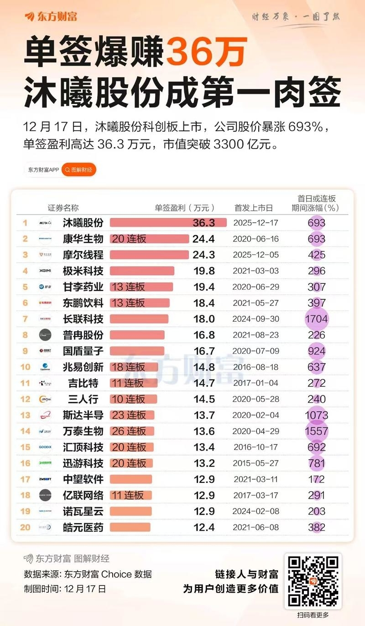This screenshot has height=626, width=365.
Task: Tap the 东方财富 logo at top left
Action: (x=51, y=17)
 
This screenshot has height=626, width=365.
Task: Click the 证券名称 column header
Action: (x=63, y=208)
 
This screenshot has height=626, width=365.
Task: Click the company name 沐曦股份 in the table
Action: (x=83, y=223)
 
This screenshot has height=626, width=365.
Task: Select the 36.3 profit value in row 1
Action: (x=203, y=223)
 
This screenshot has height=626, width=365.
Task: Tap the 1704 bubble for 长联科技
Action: (x=316, y=319)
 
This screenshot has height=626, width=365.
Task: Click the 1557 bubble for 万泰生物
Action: (x=316, y=431)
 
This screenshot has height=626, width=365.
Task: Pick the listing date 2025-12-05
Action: (x=255, y=255)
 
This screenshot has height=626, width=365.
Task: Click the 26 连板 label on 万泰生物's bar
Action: (x=129, y=431)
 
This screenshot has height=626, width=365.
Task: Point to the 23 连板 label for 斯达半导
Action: (x=129, y=415)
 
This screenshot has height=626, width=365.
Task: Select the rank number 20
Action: (x=26, y=527)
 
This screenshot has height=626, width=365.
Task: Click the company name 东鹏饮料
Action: (x=83, y=303)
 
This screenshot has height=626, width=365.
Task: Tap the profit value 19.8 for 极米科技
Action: (x=203, y=271)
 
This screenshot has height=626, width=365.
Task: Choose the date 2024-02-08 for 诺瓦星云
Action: (x=255, y=511)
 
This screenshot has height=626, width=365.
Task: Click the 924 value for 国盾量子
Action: (x=316, y=351)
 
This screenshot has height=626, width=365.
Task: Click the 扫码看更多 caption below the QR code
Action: (x=313, y=615)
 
